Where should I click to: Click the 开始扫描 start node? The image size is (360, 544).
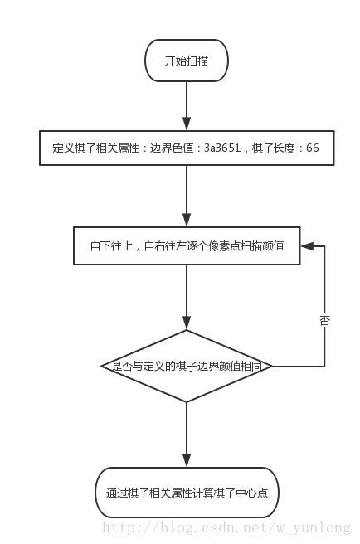187,61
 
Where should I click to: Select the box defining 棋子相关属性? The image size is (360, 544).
187,148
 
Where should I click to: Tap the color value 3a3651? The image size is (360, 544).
222,148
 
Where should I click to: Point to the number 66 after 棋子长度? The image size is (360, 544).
313,148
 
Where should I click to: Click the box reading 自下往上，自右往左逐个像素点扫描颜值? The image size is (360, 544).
187,246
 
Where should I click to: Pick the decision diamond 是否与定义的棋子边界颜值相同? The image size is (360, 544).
187,366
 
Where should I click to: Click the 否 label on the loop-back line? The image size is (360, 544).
324,321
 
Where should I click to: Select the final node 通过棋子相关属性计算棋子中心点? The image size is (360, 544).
187,493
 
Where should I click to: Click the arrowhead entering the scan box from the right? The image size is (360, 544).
307,246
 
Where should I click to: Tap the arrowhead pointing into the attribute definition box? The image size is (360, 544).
187,124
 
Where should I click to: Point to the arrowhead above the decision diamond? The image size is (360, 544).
187,323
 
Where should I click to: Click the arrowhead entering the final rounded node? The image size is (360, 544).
187,460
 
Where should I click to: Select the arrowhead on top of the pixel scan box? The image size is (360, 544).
187,220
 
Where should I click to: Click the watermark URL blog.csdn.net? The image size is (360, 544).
226,527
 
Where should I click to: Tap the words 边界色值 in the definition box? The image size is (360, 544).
172,148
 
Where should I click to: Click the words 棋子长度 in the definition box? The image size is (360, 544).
274,148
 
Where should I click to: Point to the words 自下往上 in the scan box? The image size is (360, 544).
111,246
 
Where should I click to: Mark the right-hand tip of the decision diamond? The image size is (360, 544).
272,366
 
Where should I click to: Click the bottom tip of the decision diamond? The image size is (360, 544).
187,402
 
